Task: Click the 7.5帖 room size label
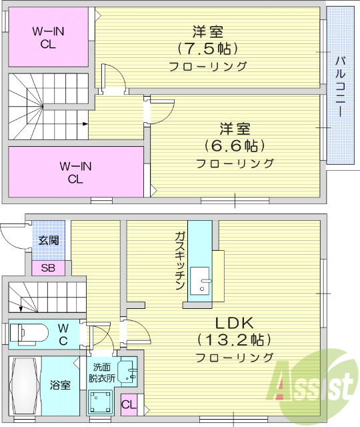point(207,49)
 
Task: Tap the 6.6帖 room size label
point(235,145)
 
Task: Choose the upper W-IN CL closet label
point(48,37)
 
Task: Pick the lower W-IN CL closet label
point(75,172)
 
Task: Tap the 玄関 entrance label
point(47,240)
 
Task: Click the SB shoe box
point(48,268)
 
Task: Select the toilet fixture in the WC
point(29,333)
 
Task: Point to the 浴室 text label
point(60,385)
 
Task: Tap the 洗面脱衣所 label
point(103,372)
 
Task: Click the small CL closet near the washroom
point(129,403)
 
